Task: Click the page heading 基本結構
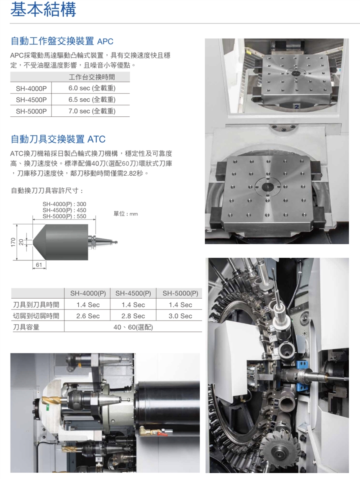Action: pos(43,9)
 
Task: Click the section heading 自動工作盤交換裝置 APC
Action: pos(62,41)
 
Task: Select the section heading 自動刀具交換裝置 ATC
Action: pos(58,139)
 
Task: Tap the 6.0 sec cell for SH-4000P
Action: pos(92,88)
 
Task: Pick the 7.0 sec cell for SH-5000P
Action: pos(92,111)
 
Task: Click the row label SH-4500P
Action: pos(31,100)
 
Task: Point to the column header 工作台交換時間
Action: pos(92,77)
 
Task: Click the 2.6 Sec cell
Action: pos(88,316)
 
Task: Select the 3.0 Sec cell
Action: pos(180,316)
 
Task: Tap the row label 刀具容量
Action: pos(26,327)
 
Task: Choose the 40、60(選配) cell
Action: pos(133,327)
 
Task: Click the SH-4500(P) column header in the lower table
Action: pos(133,293)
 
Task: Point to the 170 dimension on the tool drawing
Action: pos(13,242)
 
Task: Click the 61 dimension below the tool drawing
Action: pos(39,264)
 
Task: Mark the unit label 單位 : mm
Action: pos(126,214)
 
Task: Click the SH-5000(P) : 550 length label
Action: pos(64,216)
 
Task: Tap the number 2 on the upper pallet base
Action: pos(296,107)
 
